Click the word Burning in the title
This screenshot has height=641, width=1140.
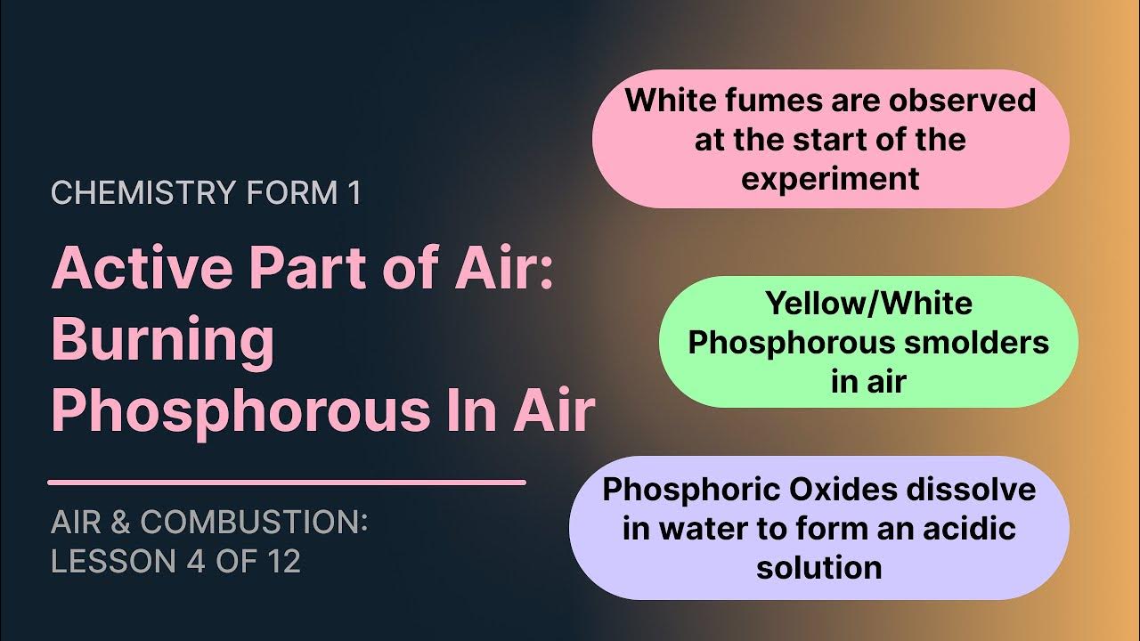[x=163, y=339]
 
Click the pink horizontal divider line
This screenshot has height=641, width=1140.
[x=286, y=483]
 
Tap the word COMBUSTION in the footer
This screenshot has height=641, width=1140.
[x=254, y=523]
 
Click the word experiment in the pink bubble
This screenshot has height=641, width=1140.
[x=830, y=178]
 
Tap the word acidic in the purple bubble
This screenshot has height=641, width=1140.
[x=971, y=528]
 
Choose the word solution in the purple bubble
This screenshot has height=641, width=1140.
[x=818, y=567]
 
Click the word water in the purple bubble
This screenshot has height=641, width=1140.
[x=705, y=528]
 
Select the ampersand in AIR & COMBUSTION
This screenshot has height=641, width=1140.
[x=123, y=523]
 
